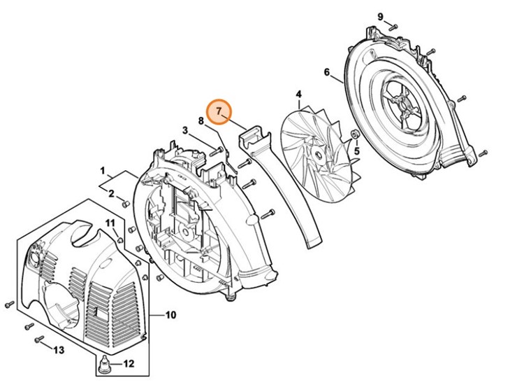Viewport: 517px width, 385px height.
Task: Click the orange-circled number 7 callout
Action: coord(221,111)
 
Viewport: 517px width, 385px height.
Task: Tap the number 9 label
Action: coord(381,16)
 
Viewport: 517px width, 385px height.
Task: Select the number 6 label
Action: coord(326,72)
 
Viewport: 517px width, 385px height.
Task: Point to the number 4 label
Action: coord(298,94)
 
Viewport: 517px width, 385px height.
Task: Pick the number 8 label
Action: coord(201,121)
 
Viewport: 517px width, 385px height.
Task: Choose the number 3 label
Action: coord(185,130)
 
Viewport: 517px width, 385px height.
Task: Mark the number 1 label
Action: coord(102,170)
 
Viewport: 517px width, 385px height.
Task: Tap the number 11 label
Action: coord(110,223)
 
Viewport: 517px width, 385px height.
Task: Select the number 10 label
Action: coord(170,315)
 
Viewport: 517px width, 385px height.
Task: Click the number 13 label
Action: coord(59,349)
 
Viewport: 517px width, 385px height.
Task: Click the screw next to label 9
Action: coord(393,27)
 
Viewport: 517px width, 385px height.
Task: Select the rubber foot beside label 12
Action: coord(104,363)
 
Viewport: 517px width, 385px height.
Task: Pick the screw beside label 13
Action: coord(39,340)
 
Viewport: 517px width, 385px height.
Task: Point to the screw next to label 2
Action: coord(126,204)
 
